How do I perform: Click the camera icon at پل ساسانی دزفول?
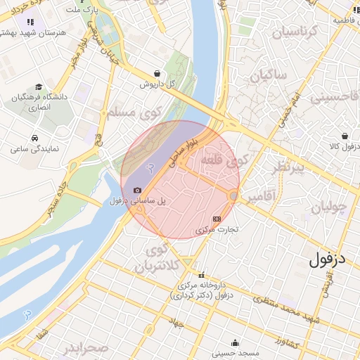[137, 191]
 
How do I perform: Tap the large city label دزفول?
[328, 260]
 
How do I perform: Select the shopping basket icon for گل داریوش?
[156, 72]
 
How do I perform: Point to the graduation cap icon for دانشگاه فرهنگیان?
[37, 86]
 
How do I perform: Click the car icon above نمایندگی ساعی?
[34, 138]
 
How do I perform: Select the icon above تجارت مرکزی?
[216, 219]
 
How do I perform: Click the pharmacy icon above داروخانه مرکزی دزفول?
[202, 275]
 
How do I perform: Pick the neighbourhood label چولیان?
[325, 207]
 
